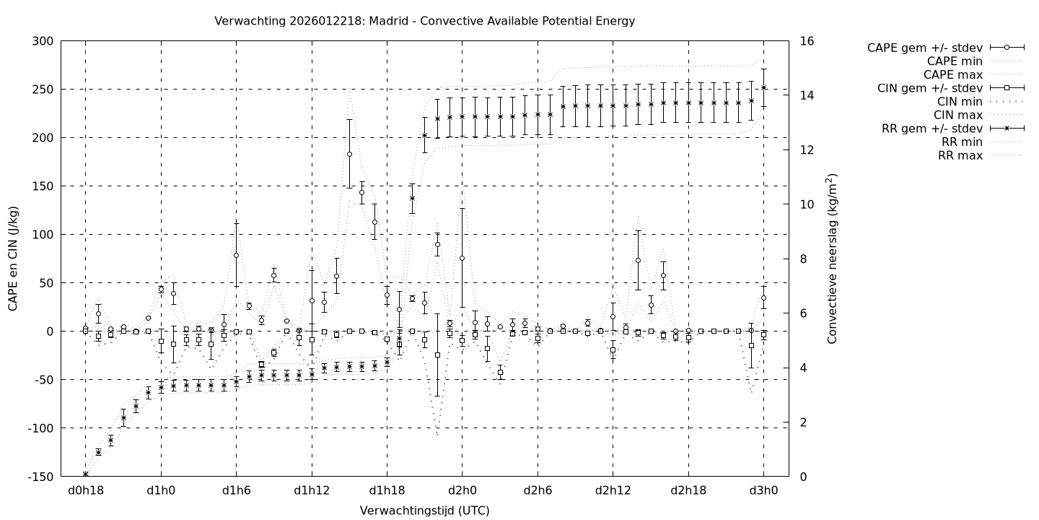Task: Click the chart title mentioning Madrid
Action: tap(424, 21)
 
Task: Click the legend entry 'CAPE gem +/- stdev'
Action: tap(926, 48)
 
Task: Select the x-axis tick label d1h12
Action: tap(312, 491)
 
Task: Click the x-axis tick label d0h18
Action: tap(85, 491)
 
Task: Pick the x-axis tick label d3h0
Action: tap(764, 491)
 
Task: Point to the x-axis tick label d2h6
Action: tap(538, 491)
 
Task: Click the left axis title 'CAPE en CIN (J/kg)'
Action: tap(14, 259)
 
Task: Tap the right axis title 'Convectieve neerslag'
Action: tap(832, 259)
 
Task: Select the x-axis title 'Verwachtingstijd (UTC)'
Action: tap(424, 511)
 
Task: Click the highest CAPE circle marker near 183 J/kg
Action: tap(349, 154)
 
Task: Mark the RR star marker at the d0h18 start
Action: tap(85, 474)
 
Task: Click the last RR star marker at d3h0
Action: tap(764, 87)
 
